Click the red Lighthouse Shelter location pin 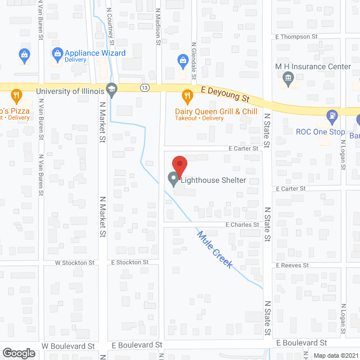tap(179, 165)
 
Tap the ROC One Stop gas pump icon tap(332, 116)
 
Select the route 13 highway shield tap(145, 88)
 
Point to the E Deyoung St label tap(226, 93)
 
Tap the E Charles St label tap(242, 224)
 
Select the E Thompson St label tap(296, 37)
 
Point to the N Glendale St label tap(193, 61)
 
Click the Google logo tap(18, 353)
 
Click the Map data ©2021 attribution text tap(335, 355)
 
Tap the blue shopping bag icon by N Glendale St tap(182, 60)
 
